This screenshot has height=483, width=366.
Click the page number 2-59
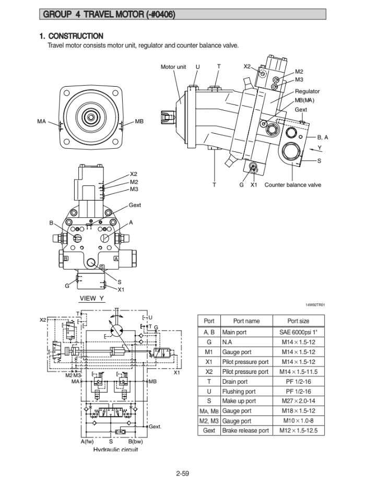coord(182,473)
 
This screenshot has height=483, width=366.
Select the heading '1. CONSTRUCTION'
coord(72,36)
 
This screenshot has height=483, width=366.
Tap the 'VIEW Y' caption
coord(91,299)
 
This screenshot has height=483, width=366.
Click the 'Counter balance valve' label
coord(292,185)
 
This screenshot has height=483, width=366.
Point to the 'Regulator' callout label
coord(307,92)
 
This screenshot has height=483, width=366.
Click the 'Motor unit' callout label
coord(173,67)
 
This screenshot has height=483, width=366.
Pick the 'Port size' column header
coord(298,321)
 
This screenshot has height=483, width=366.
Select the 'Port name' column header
coord(246,321)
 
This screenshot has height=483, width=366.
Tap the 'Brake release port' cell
coord(245,431)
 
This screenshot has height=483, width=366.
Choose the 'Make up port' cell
coord(239,401)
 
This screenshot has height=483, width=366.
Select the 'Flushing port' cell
coord(239,391)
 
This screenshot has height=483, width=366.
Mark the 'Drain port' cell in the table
coord(235,382)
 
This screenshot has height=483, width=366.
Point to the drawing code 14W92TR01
coord(315,305)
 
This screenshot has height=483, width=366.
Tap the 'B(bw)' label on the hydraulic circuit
coord(135,442)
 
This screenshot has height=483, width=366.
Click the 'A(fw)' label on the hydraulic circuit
coord(87,442)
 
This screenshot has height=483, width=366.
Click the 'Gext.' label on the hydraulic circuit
coord(155,427)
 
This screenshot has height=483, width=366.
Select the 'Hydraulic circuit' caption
coord(115,450)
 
